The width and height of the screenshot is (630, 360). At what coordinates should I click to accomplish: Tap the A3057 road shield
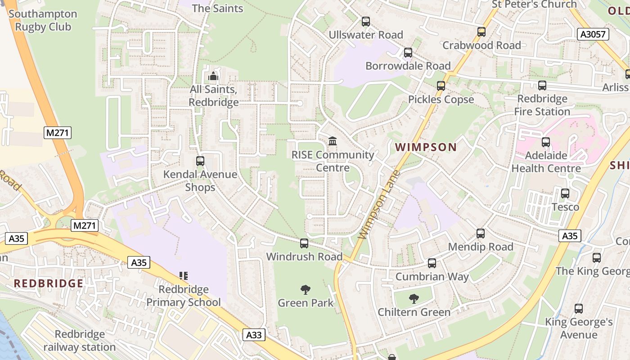tap(593, 34)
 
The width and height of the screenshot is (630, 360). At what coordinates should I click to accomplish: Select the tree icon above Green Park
tap(306, 289)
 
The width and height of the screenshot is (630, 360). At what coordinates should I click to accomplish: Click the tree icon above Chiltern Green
tap(414, 298)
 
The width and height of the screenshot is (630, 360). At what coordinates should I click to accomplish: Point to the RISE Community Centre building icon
tap(333, 141)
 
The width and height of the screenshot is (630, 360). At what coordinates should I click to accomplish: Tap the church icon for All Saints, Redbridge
tap(213, 76)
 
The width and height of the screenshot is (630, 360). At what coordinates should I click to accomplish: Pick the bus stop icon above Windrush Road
tap(304, 243)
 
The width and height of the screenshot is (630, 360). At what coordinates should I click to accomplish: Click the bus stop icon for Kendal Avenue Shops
tap(200, 161)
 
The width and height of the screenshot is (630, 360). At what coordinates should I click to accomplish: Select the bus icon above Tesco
tap(565, 193)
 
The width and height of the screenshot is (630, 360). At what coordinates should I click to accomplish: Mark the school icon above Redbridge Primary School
tap(184, 275)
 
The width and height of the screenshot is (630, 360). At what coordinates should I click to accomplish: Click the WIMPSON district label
tap(426, 147)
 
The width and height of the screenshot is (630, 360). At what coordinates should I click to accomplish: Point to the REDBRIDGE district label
tap(48, 283)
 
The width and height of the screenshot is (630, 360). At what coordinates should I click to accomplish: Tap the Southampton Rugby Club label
tap(43, 20)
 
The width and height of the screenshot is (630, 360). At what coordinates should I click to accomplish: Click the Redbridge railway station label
tap(80, 341)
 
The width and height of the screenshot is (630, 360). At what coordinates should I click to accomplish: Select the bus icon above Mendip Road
tap(481, 233)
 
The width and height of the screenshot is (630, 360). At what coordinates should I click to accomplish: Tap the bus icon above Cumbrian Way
tap(432, 263)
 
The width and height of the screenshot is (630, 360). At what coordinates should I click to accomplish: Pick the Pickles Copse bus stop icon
tap(441, 85)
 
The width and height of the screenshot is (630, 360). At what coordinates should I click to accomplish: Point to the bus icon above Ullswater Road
tap(366, 21)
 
